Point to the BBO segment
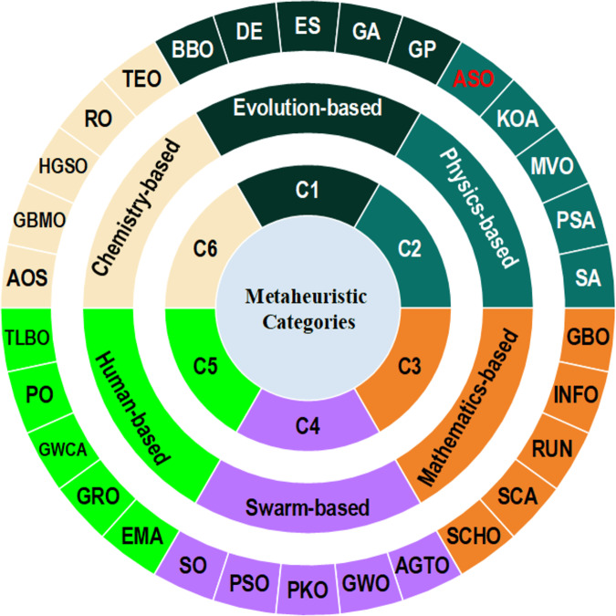193,50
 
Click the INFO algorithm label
576,395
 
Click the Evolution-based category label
308,108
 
